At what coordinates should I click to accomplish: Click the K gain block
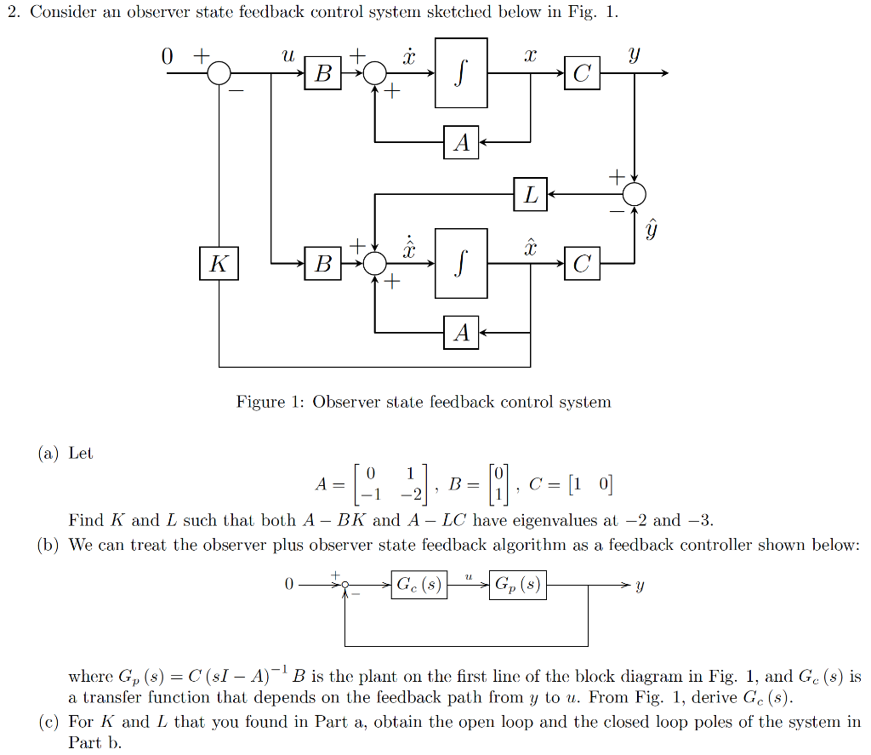[219, 264]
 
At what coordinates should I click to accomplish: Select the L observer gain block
[531, 195]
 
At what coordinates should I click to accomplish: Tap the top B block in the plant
[323, 74]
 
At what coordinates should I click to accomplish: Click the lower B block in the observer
[323, 264]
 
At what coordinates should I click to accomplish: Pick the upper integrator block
[461, 73]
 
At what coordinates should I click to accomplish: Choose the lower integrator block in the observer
[461, 263]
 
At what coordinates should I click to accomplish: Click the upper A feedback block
[461, 142]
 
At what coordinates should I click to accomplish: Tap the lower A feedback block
[461, 332]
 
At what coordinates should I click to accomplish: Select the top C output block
[582, 74]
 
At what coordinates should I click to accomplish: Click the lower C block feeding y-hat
[582, 264]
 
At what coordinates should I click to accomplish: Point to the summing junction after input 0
[219, 74]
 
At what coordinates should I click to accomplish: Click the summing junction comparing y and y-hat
[635, 195]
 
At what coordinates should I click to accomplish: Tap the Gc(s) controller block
[419, 586]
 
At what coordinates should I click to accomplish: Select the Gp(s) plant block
[517, 586]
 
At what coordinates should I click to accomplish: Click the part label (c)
[48, 722]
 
